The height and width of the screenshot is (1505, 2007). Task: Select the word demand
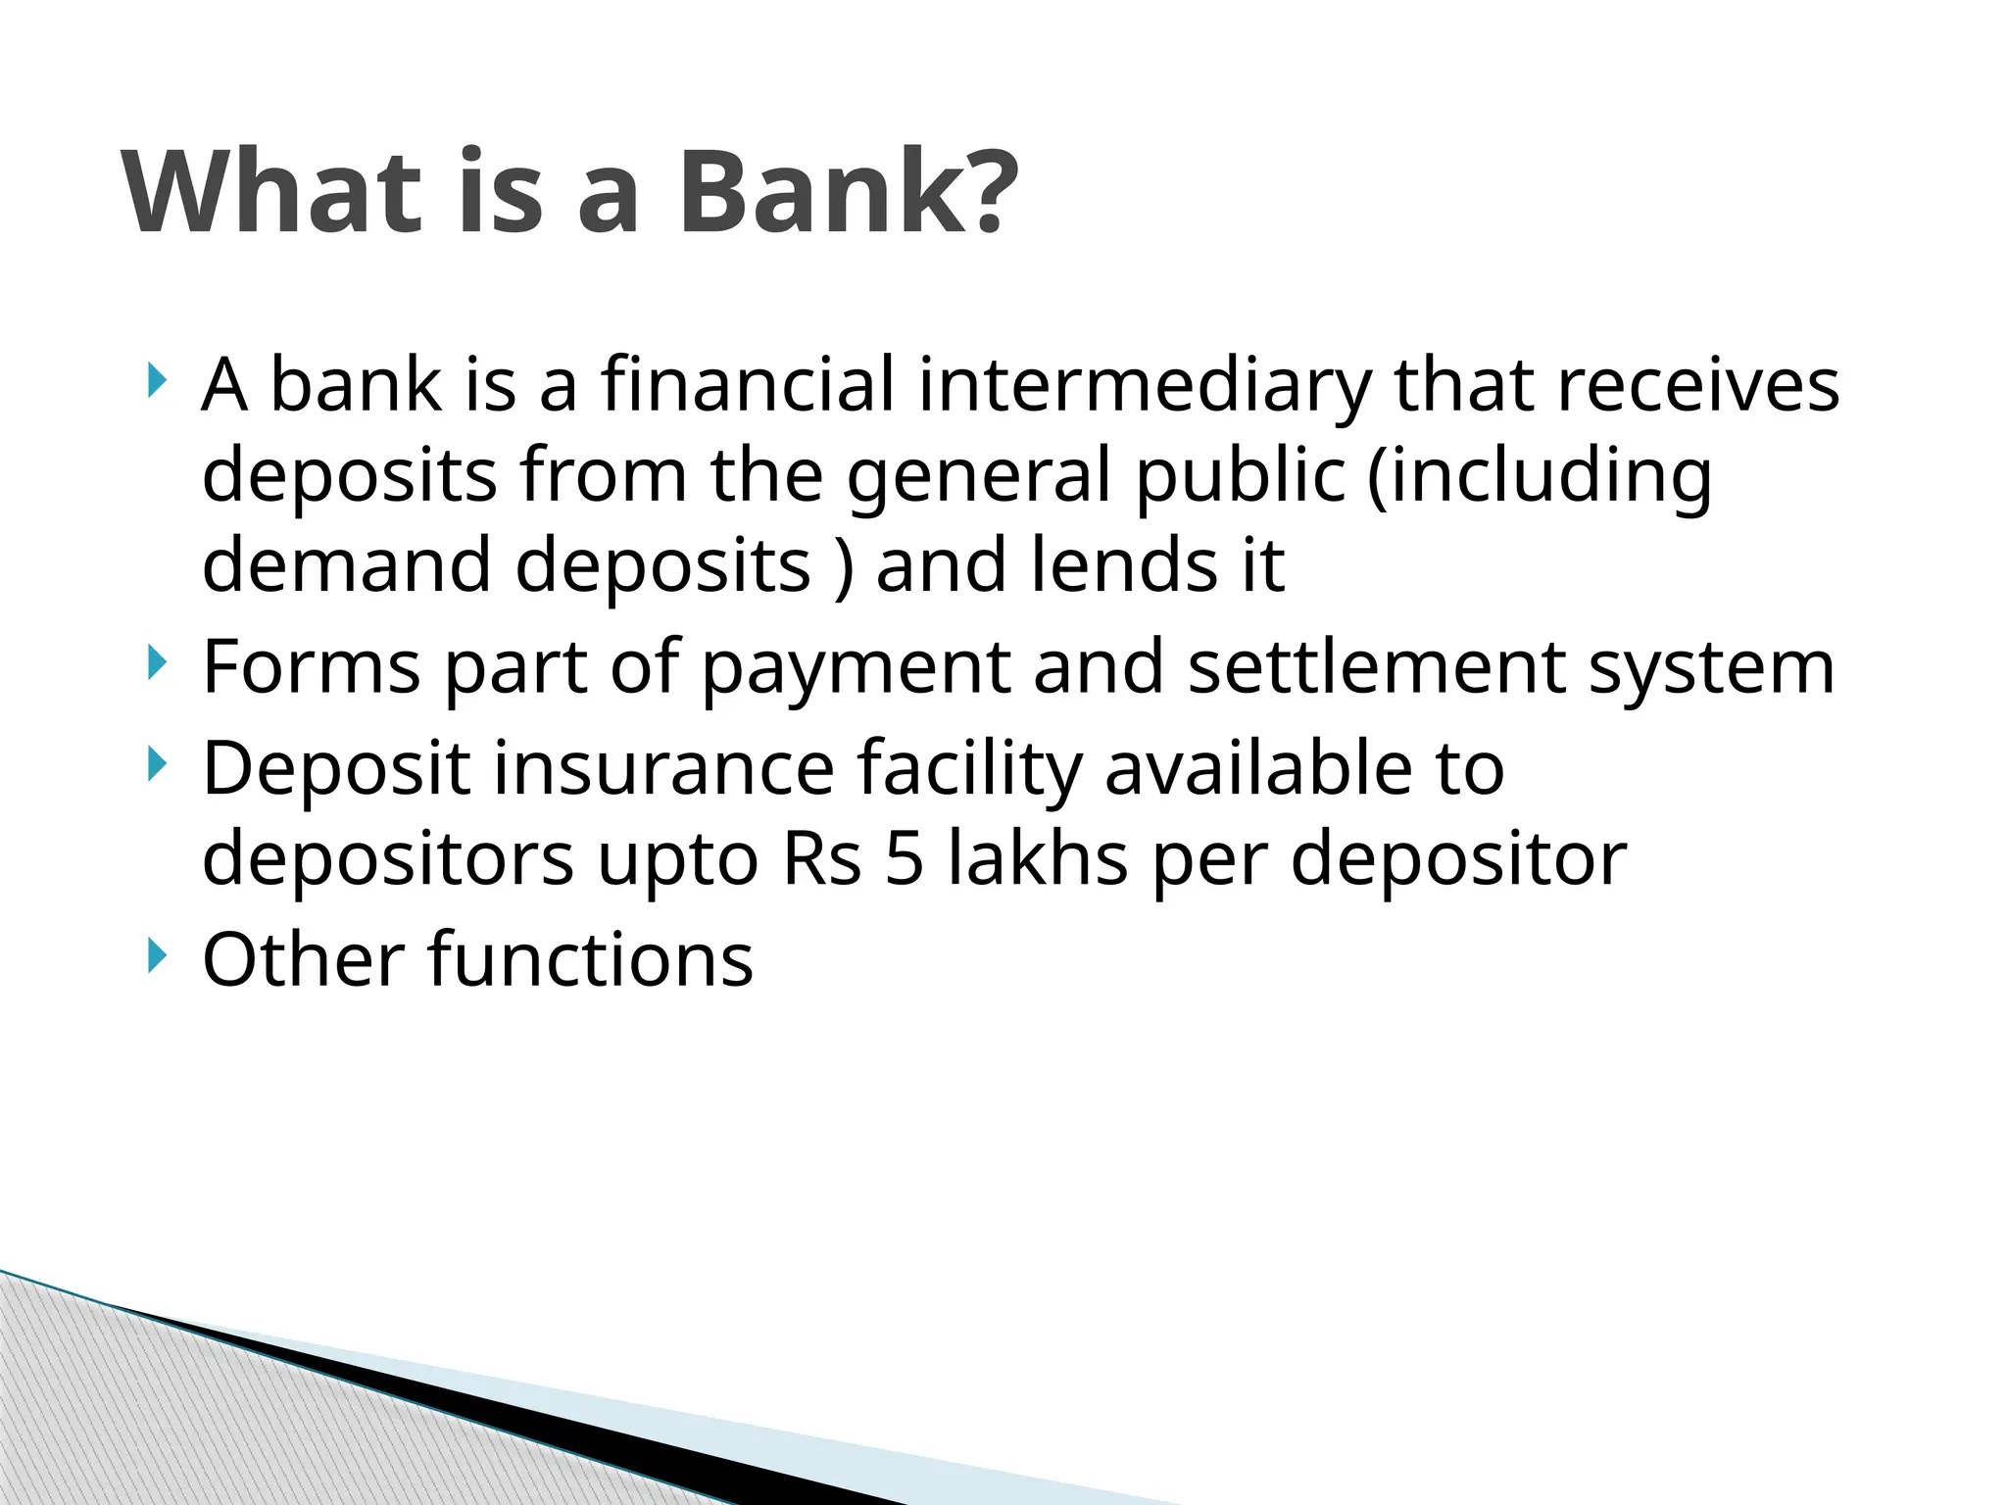click(x=346, y=565)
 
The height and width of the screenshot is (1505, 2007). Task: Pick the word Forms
click(x=311, y=667)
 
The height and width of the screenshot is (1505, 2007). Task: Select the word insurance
click(x=663, y=767)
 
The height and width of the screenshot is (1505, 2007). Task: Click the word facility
click(x=969, y=769)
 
